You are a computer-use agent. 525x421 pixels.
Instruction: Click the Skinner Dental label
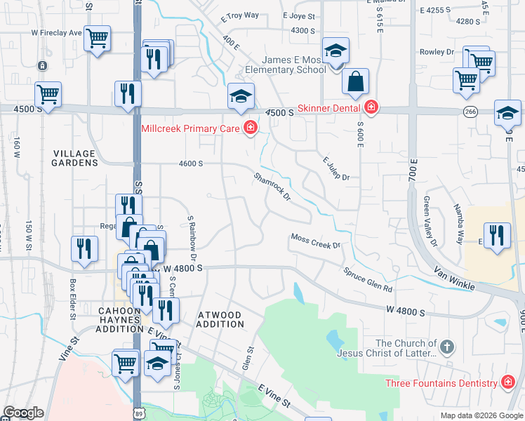pos(328,107)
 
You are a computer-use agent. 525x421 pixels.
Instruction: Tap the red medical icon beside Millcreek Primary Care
pos(249,127)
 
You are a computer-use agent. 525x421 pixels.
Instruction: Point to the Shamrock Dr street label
pos(272,186)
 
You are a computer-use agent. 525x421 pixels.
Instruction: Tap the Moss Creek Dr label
pos(315,241)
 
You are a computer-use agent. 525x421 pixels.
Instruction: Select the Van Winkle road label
pos(455,279)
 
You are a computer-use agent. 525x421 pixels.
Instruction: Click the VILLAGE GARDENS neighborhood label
pos(74,157)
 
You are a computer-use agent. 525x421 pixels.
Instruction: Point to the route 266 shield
pos(470,112)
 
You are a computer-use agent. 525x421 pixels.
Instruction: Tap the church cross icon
pos(447,347)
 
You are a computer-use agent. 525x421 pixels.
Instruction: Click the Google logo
pos(23,413)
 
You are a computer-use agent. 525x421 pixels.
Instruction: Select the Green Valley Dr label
pos(430,221)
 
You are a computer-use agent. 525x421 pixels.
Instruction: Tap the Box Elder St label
pos(72,298)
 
